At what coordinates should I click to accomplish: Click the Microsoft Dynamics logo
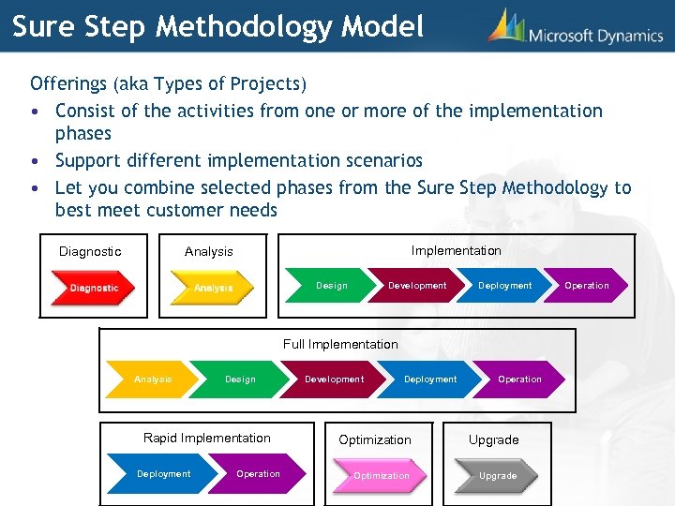(575, 29)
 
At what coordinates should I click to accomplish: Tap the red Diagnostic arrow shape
(93, 288)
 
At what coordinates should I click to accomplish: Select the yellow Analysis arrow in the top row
(212, 288)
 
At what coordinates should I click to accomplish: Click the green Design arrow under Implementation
(332, 286)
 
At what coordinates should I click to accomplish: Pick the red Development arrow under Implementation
(417, 286)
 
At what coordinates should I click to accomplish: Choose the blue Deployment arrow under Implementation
(505, 286)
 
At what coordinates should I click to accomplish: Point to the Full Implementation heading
(340, 344)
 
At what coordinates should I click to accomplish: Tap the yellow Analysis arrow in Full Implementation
(154, 379)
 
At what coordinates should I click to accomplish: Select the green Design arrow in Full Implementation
(241, 379)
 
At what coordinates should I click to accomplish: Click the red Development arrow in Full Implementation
(335, 379)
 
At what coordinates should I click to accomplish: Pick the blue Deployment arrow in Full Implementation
(430, 379)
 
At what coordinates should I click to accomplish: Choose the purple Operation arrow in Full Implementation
(520, 379)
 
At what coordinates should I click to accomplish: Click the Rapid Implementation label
(206, 438)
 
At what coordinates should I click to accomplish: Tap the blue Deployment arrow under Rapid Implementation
(164, 474)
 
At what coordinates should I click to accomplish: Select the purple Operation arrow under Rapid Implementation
(259, 474)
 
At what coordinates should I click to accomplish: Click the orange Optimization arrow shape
(382, 476)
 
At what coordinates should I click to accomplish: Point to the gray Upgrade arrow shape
(498, 476)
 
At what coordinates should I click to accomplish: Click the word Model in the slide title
(382, 26)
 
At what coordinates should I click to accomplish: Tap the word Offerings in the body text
(68, 84)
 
